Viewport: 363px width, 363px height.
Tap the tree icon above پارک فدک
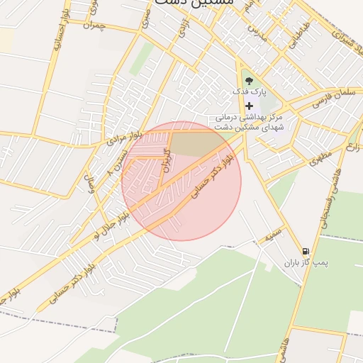pyautogui.click(x=248, y=81)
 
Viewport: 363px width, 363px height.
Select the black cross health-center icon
pyautogui.click(x=248, y=105)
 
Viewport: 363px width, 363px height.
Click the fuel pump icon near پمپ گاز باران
pyautogui.click(x=306, y=252)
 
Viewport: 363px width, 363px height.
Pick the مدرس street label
pyautogui.click(x=259, y=33)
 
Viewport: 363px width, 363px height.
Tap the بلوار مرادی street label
pyautogui.click(x=124, y=136)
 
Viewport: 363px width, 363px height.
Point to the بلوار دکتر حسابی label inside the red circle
pyautogui.click(x=218, y=171)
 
